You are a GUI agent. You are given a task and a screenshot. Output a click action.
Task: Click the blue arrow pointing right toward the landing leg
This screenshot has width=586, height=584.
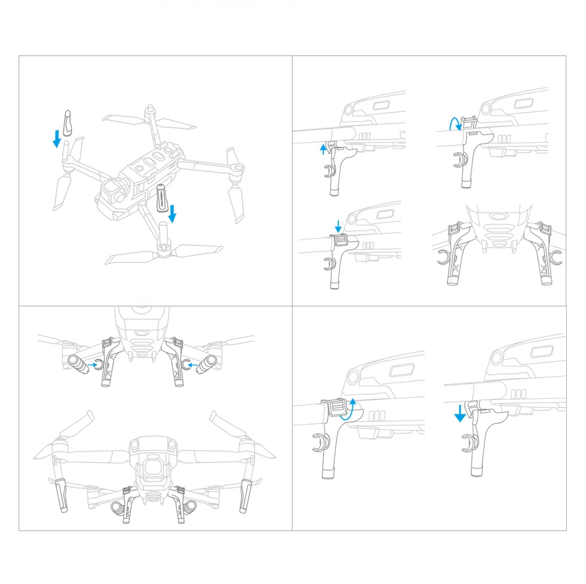[92, 364]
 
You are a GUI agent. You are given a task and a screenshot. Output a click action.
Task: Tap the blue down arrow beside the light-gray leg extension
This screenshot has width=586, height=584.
[57, 138]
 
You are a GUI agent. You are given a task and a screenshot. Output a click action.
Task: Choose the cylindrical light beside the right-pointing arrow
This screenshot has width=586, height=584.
[76, 362]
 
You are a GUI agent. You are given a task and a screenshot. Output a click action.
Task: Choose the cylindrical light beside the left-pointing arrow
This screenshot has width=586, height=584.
[208, 362]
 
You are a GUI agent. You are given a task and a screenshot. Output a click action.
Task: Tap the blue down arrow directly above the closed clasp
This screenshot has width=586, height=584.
[338, 226]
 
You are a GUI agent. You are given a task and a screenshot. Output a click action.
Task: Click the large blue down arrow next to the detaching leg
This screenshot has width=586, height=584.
[459, 413]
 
